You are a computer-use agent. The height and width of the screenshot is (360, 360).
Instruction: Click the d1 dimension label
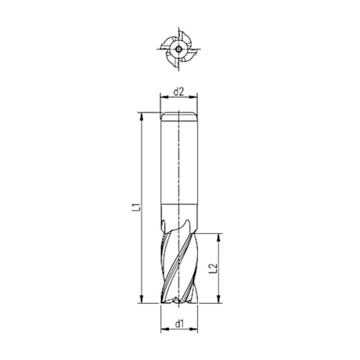[x=179, y=322]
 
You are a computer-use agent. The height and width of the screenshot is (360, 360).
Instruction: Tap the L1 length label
[x=135, y=208]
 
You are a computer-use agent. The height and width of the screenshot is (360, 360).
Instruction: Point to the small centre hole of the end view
[x=179, y=48]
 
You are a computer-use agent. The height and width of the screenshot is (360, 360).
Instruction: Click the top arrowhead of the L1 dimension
[x=141, y=116]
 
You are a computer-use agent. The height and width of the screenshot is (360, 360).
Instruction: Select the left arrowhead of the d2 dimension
[x=164, y=100]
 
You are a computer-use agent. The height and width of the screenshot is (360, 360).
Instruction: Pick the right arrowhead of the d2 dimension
[x=196, y=100]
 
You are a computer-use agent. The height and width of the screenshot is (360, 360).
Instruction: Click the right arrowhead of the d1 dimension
[x=197, y=329]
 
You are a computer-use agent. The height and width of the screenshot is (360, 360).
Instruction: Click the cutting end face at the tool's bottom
[x=179, y=301]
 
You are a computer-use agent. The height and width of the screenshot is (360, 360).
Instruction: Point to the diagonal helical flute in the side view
[x=176, y=266]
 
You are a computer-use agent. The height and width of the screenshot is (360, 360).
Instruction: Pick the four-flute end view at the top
[x=179, y=48]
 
